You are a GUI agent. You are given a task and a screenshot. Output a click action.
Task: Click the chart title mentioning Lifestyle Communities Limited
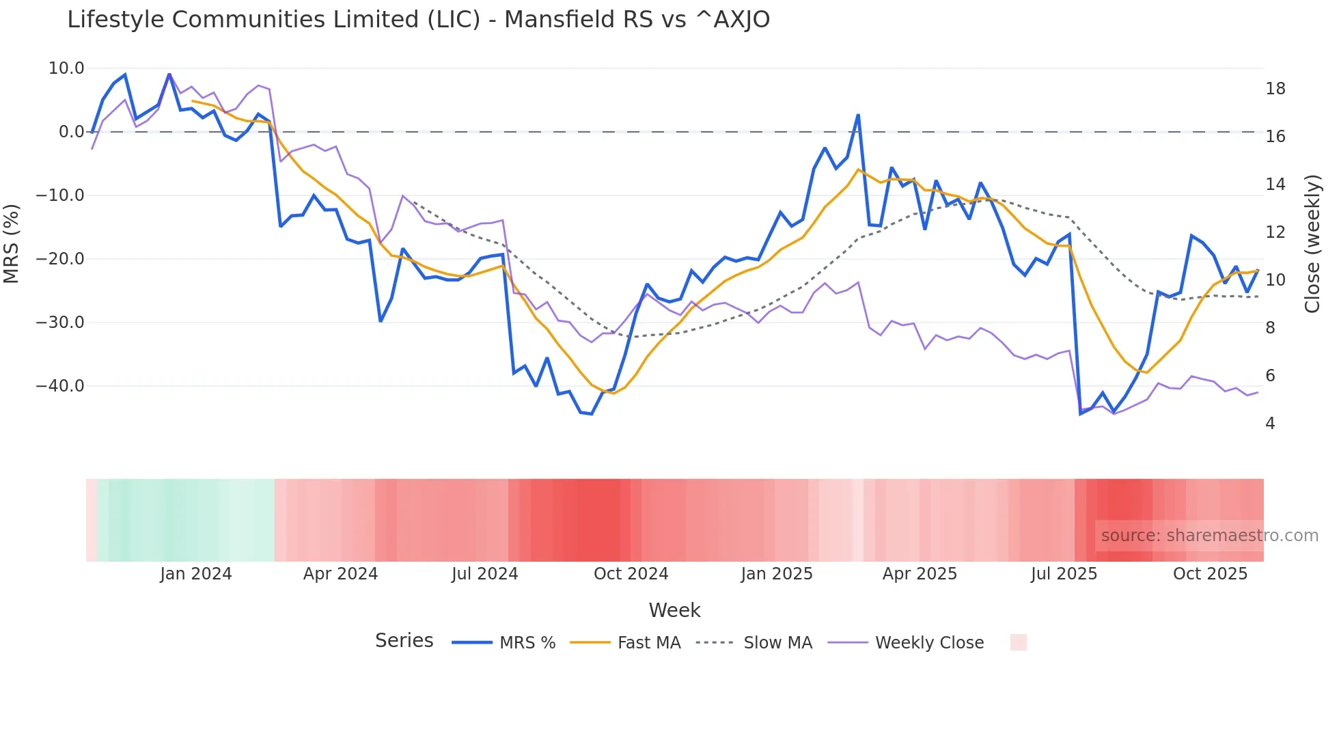(418, 20)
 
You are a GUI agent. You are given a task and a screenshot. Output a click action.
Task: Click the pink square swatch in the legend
(1018, 642)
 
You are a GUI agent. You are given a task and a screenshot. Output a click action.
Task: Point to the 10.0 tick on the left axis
(66, 68)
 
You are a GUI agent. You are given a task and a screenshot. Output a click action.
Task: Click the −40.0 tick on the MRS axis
(60, 386)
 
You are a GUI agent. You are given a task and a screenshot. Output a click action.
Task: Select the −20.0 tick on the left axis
(60, 259)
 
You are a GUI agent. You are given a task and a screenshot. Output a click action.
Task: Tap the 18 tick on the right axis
(1275, 89)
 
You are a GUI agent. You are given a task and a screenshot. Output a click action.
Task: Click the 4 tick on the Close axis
(1270, 424)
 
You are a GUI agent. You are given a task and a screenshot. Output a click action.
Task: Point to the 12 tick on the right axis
(1275, 232)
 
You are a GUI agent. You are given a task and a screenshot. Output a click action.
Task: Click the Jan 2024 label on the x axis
(196, 574)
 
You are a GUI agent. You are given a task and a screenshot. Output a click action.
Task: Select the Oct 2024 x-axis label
(631, 574)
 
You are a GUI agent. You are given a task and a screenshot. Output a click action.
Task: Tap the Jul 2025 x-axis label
(1064, 574)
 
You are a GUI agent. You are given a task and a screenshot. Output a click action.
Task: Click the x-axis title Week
(674, 610)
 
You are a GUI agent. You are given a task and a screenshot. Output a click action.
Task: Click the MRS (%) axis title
(12, 243)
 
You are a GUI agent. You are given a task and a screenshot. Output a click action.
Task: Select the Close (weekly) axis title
(1312, 244)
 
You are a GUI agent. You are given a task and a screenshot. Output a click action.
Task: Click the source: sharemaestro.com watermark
(1209, 536)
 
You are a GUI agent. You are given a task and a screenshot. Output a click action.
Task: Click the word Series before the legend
(404, 641)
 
